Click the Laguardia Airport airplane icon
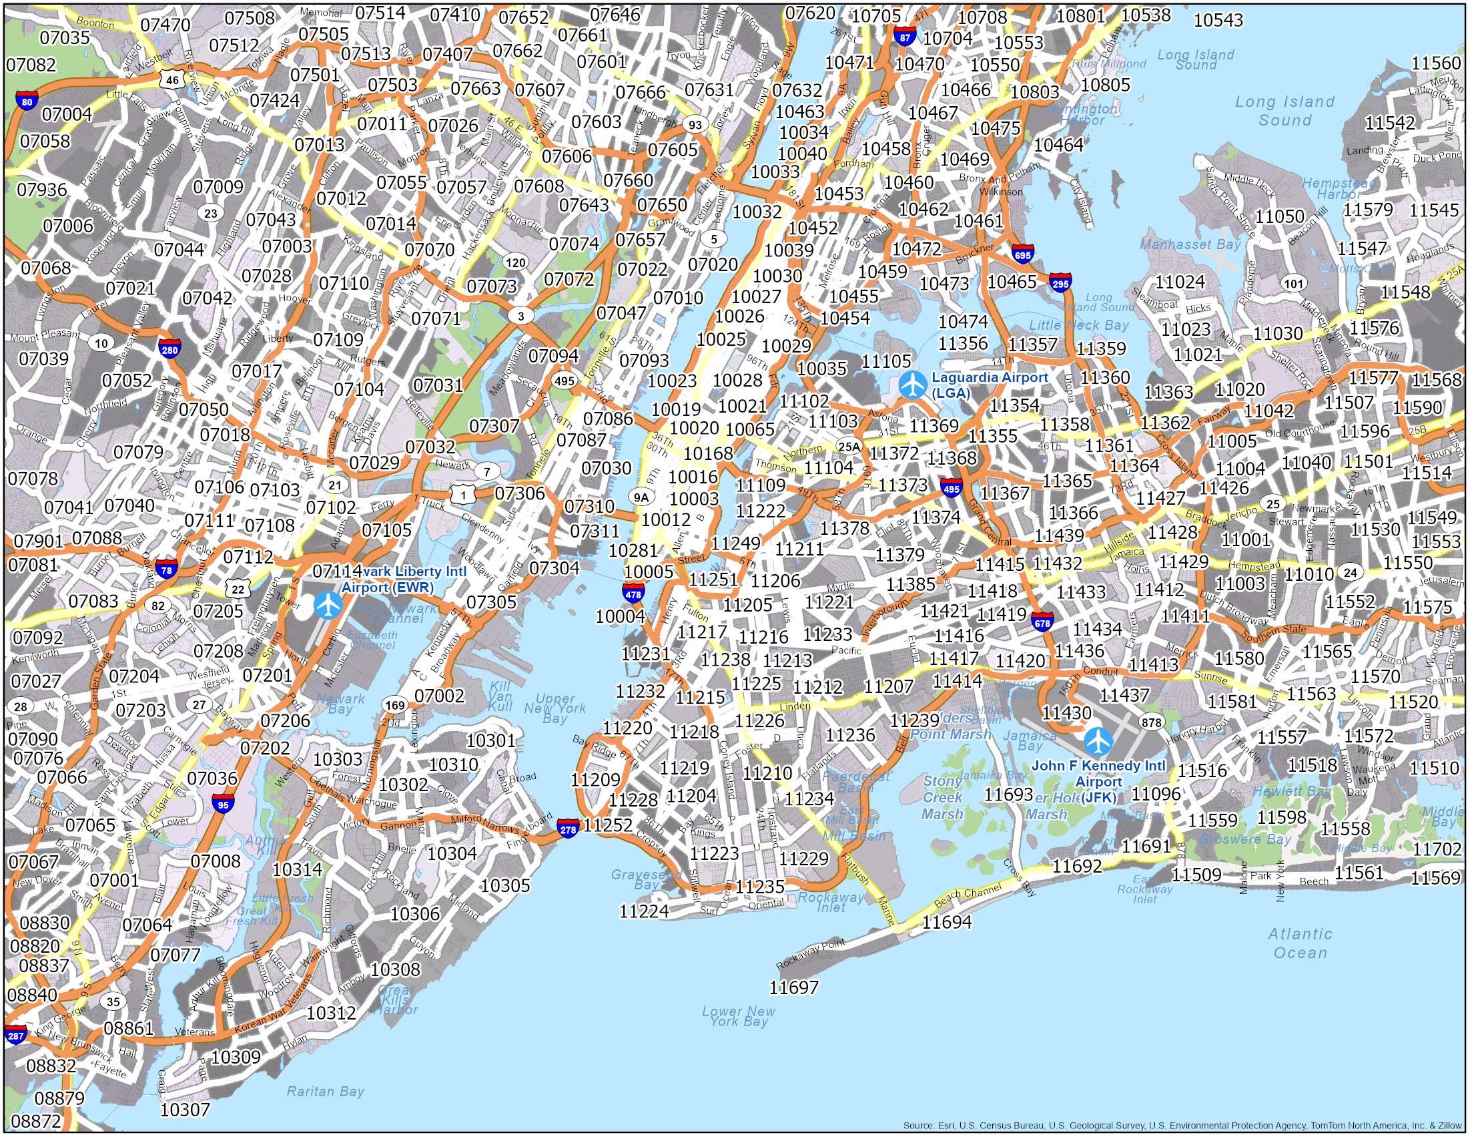tap(912, 386)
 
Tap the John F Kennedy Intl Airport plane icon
tap(1098, 741)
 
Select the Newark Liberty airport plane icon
tap(328, 604)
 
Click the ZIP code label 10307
tap(186, 1109)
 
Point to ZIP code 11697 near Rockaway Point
tap(794, 987)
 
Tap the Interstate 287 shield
tap(15, 1036)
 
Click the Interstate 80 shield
tap(26, 102)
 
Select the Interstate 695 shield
tap(1022, 255)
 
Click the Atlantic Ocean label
tap(1299, 943)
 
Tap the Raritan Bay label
tap(326, 1091)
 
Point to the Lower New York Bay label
tap(738, 1034)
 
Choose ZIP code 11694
tap(947, 922)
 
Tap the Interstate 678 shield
tap(1042, 622)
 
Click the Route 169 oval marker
tap(394, 705)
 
